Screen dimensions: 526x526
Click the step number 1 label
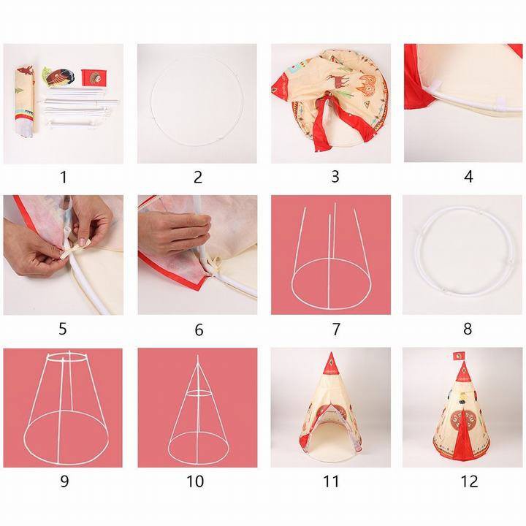tap(64, 177)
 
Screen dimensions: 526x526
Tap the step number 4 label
tap(468, 177)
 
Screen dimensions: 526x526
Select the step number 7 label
tap(336, 329)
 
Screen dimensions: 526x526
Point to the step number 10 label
tap(195, 481)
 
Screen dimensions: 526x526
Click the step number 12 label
tap(469, 481)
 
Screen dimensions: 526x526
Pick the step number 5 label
tap(63, 329)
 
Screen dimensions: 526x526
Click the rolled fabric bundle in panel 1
tap(25, 101)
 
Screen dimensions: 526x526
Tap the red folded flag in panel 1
tap(94, 78)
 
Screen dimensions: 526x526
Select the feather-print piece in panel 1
tap(58, 77)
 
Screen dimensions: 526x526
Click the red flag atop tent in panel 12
tap(458, 357)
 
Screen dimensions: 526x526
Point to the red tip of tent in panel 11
tap(331, 364)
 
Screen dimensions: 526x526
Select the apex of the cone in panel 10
tap(197, 357)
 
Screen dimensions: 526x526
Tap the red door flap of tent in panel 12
tap(463, 432)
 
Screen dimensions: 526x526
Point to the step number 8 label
tap(468, 329)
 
